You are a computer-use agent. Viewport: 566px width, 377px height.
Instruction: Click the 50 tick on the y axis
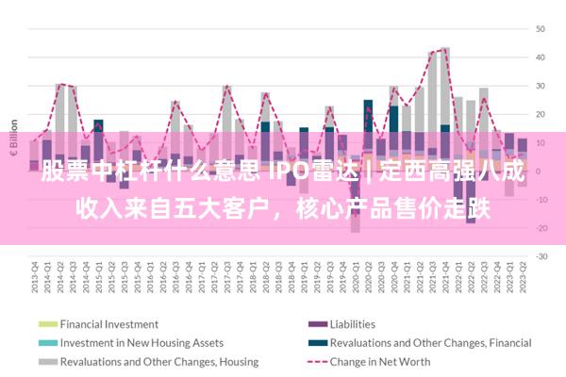[541, 28]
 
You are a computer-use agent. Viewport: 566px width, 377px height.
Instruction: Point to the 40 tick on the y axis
[541, 57]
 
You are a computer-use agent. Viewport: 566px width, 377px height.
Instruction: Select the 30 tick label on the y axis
[541, 86]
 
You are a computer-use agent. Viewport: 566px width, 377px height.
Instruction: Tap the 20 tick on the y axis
[541, 114]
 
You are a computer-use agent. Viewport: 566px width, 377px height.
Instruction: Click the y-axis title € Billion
[14, 138]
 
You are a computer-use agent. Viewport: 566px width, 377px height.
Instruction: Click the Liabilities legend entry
[352, 324]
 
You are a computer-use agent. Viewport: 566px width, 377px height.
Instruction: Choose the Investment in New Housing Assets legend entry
[141, 343]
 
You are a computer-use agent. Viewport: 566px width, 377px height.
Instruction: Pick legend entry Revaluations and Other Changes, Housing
[159, 362]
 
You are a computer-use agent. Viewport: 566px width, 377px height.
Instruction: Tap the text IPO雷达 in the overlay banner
[309, 173]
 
